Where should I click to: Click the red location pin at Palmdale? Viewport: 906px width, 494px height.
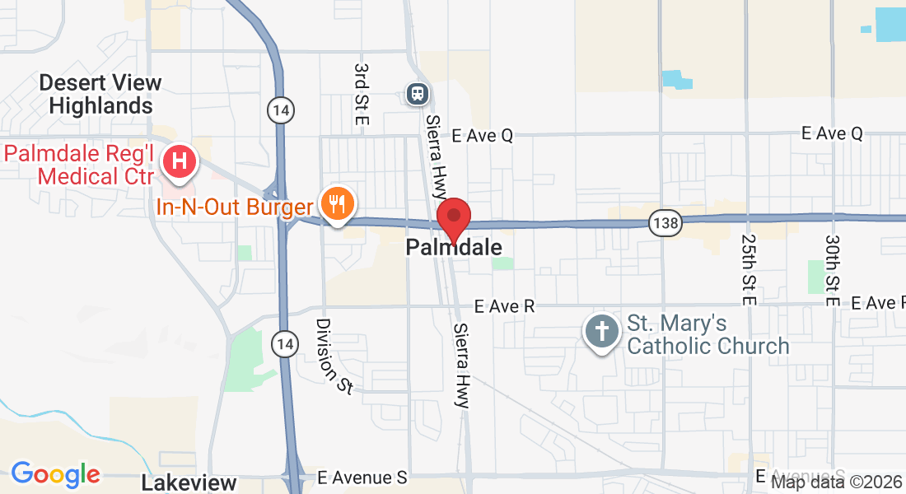tap(453, 218)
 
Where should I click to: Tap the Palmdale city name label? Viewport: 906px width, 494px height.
tap(454, 248)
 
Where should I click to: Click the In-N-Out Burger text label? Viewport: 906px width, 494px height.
tap(235, 207)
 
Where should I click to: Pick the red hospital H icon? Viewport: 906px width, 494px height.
tap(179, 160)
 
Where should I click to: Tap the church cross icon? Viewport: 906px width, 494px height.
tap(602, 333)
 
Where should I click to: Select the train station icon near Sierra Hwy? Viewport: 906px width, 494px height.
tap(418, 94)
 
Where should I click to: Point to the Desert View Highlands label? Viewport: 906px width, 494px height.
tap(100, 94)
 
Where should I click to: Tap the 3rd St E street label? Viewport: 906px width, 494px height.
tap(361, 94)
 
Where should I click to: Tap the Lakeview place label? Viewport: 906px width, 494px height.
tap(189, 482)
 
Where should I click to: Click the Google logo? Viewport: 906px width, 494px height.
tap(55, 474)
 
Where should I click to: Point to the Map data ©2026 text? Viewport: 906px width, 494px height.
tap(836, 482)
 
